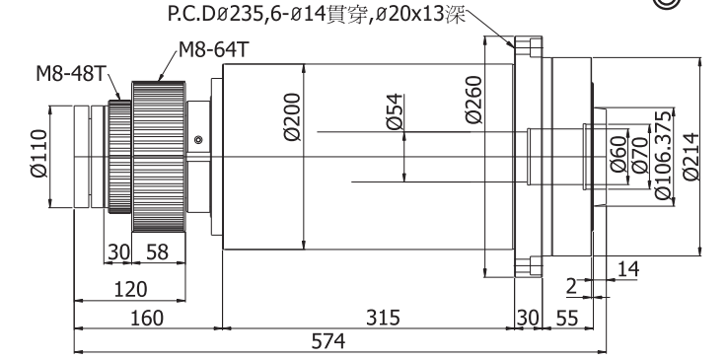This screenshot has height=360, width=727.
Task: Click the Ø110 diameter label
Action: click(x=39, y=154)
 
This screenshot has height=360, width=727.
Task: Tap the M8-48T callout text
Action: click(x=72, y=74)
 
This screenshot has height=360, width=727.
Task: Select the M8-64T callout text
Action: click(x=214, y=49)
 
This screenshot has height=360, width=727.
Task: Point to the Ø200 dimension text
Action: click(x=293, y=117)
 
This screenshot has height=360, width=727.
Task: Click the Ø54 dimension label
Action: click(x=395, y=111)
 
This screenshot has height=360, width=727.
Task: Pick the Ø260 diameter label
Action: click(x=474, y=100)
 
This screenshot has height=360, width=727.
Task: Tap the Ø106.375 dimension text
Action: click(x=665, y=155)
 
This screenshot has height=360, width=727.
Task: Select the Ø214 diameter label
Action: click(x=691, y=157)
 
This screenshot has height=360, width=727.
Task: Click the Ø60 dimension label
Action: click(x=618, y=154)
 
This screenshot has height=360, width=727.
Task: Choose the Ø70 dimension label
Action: click(x=640, y=155)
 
